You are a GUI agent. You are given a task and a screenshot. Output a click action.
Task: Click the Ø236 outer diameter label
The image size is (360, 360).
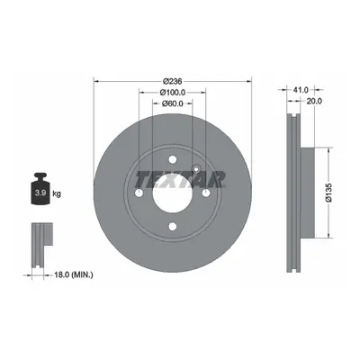coord(173,81)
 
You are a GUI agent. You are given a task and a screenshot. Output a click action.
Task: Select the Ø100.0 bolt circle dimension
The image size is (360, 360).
coord(173,93)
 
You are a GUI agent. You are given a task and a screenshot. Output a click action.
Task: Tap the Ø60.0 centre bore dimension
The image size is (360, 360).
coord(173,103)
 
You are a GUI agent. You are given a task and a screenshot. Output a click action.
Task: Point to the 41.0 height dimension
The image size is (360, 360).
coord(301,90)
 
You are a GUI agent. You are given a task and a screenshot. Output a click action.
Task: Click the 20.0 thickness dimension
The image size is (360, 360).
coord(314,101)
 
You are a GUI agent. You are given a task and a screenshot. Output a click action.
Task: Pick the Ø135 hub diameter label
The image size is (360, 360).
coord(329,193)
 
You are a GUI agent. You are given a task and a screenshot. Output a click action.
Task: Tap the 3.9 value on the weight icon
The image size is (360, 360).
coord(40,193)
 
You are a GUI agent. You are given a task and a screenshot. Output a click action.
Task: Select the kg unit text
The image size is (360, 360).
coord(57,193)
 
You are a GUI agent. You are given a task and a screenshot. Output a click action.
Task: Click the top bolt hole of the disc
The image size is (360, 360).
coord(173,159)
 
